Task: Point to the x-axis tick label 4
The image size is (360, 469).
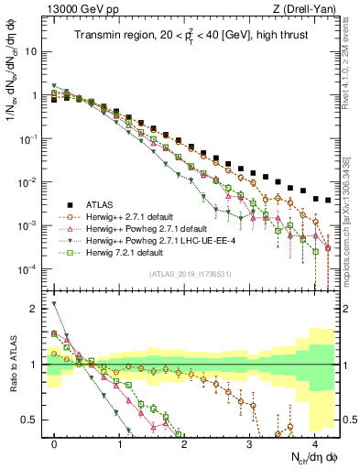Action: pos(313,443)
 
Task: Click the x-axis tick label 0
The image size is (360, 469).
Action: pos(55,443)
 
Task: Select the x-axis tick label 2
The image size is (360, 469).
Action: pos(184,443)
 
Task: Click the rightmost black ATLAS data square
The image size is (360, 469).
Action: pos(328,200)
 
